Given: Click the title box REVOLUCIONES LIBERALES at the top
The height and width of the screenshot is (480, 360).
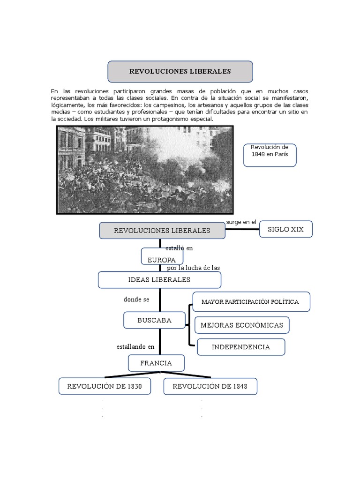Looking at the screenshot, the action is (180, 71).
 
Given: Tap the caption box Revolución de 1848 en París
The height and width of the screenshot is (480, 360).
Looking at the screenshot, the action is (270, 155).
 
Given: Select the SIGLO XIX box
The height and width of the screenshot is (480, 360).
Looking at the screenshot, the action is (285, 229).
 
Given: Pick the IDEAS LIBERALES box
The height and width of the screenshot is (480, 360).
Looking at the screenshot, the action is (159, 280).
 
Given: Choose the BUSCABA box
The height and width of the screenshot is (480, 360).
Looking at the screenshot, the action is (154, 321).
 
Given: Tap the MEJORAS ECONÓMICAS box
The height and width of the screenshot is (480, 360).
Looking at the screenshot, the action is (242, 325).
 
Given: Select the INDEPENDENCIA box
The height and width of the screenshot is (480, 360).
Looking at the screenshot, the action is (241, 347).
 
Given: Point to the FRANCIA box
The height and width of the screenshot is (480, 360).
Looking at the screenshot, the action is (156, 363).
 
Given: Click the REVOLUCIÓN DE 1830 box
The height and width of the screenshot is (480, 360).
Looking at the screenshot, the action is (105, 386).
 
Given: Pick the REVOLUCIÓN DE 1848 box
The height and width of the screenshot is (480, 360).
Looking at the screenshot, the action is (210, 386).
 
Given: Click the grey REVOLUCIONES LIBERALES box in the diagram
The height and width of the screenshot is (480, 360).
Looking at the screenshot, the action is (162, 230).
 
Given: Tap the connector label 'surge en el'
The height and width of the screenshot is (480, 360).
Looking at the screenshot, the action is (241, 222).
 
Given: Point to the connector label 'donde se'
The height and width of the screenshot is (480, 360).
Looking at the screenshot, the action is (136, 300).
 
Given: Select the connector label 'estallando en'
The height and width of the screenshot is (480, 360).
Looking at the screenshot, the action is (135, 347).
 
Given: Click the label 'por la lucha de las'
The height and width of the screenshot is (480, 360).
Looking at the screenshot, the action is (194, 268).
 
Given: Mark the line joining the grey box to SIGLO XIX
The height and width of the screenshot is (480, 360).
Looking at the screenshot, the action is (243, 230).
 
